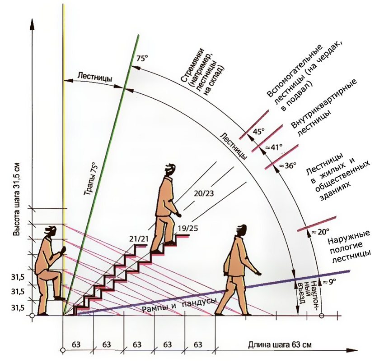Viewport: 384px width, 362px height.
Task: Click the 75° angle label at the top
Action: tap(142, 59)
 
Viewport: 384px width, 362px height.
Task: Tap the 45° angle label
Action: tap(258, 132)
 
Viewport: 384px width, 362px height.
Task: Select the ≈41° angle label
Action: tap(274, 147)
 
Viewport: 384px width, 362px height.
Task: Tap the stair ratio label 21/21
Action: tap(138, 238)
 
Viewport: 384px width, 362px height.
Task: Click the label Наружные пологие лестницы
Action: tap(350, 245)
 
